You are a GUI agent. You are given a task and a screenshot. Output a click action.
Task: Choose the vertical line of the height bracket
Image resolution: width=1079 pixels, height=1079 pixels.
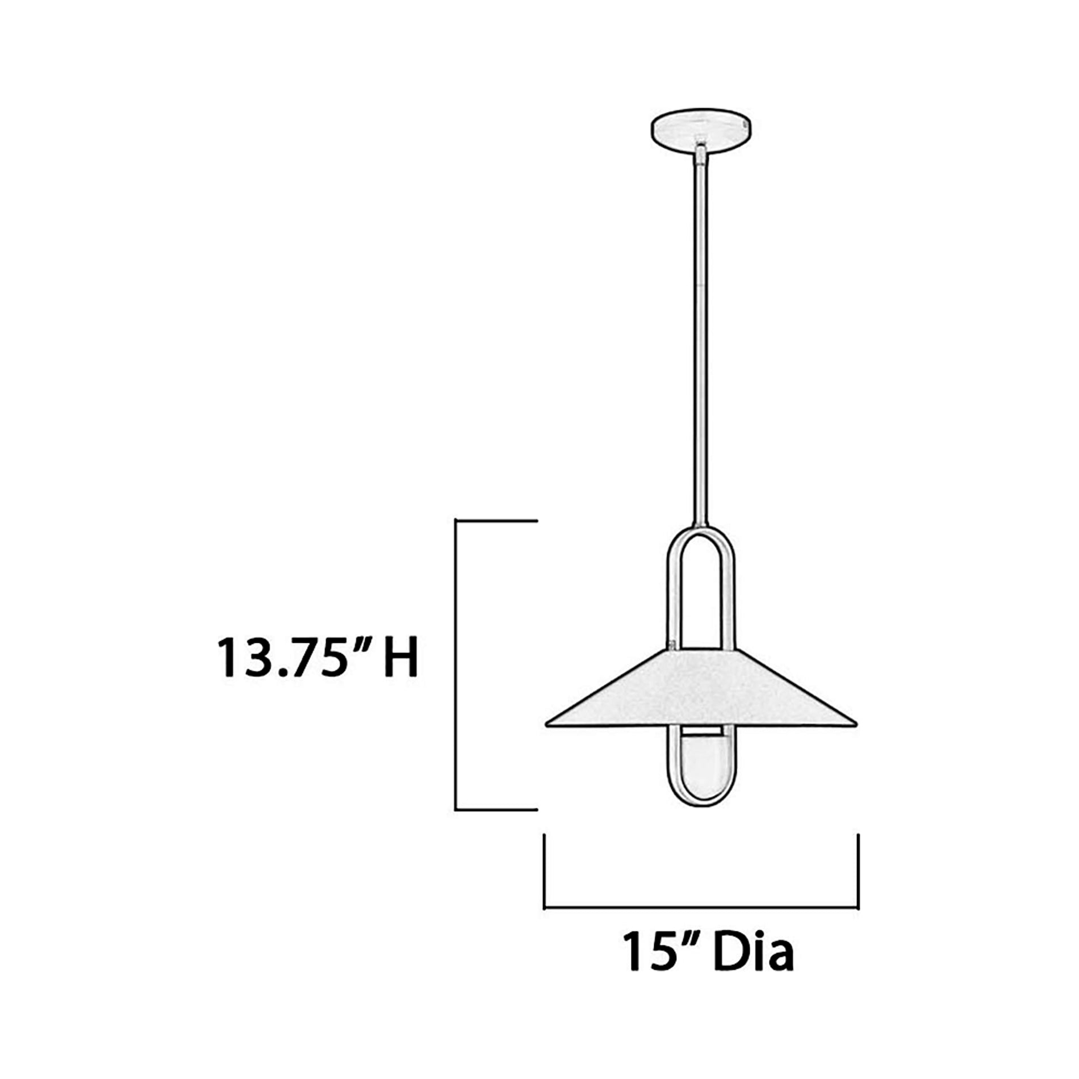click(x=456, y=664)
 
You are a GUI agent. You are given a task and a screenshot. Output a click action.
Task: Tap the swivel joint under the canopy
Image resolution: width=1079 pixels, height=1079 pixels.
click(x=702, y=152)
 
